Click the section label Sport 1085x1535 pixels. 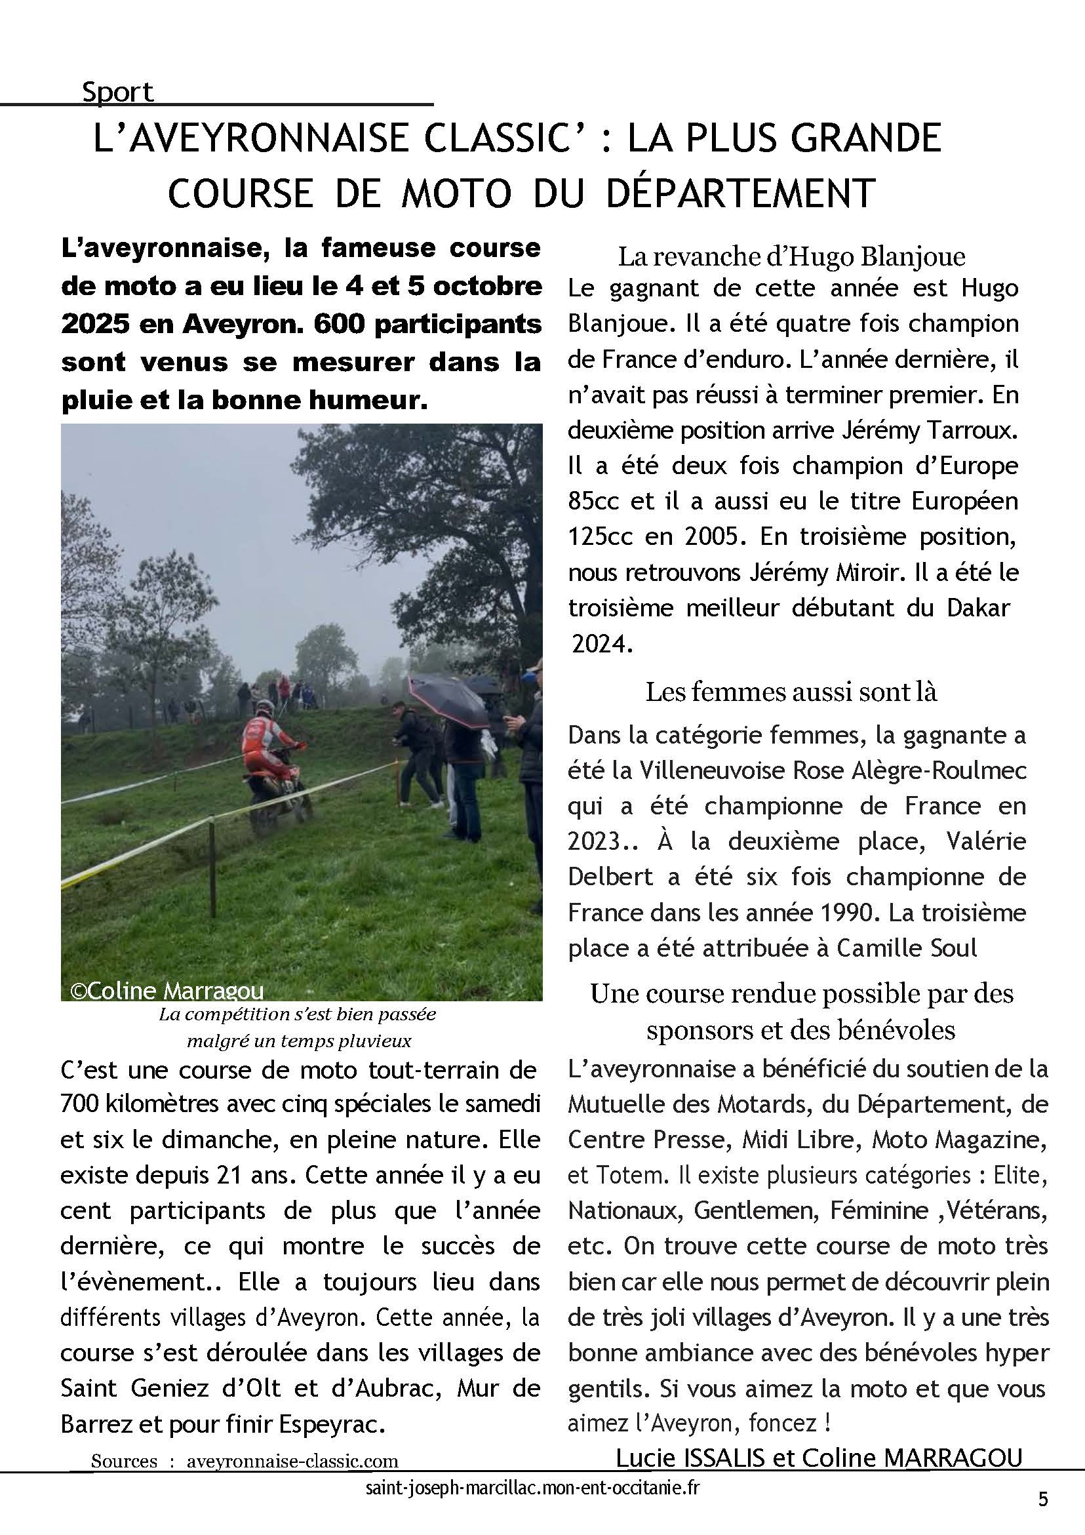click(117, 92)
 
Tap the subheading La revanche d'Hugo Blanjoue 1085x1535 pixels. click(791, 256)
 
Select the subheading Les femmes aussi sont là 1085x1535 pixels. click(791, 692)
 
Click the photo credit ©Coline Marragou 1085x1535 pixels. click(167, 991)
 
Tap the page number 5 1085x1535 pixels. click(1043, 1500)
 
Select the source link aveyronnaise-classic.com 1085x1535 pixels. click(292, 1461)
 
